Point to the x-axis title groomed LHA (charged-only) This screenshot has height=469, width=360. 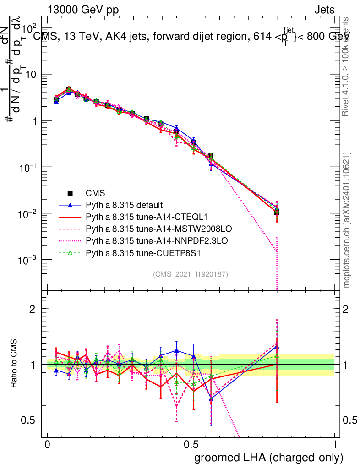click(x=269, y=457)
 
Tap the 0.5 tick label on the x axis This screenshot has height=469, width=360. click(x=191, y=445)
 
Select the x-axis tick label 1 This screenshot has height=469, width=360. click(x=335, y=445)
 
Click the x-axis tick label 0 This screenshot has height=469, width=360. click(x=47, y=445)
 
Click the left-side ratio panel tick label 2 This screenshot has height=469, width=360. click(x=33, y=309)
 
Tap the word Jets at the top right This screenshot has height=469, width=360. click(x=324, y=10)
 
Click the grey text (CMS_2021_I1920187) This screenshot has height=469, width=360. click(x=191, y=274)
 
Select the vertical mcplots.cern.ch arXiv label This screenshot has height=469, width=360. click(x=347, y=220)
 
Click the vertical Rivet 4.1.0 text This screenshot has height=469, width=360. click(x=347, y=66)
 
